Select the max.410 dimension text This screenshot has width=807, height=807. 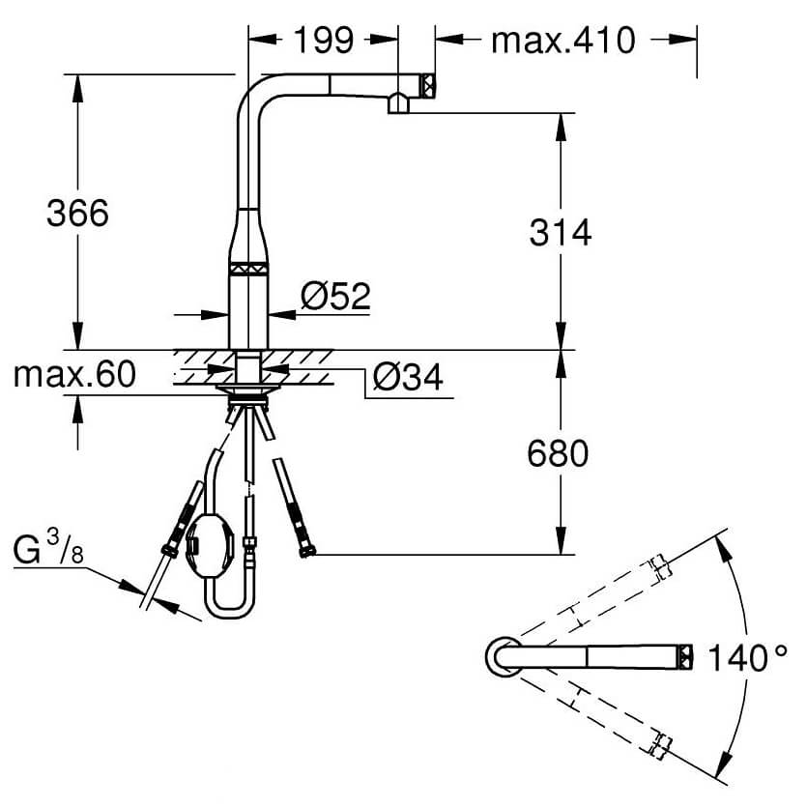point(562,41)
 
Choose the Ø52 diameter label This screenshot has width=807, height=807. point(336,295)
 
